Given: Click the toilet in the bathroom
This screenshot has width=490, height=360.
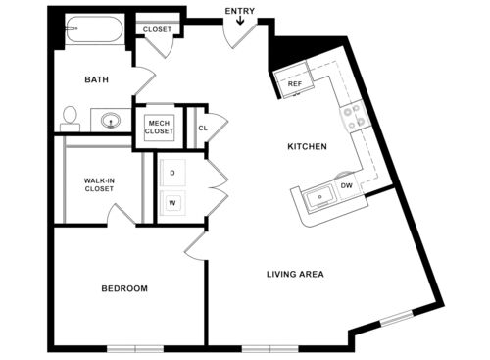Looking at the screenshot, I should point(70,119).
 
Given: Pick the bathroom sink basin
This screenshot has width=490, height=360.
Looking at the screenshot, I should point(111,122).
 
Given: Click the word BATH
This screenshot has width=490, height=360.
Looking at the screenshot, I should point(96,79).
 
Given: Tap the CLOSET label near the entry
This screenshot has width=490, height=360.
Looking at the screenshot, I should point(157,29).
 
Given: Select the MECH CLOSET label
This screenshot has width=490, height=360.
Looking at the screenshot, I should point(159,127).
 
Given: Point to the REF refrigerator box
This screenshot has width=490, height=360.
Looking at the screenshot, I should point(294,84).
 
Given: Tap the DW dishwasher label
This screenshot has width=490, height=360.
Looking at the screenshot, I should point(346,185).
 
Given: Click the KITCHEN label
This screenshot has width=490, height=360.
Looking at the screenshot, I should point(306,147).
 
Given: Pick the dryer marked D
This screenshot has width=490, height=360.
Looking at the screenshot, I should point(172,172).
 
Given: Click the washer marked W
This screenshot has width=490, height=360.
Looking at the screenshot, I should point(172,203).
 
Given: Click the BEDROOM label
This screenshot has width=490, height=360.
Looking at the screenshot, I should point(124,288).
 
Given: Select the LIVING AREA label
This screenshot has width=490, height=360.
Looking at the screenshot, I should point(295,274).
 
